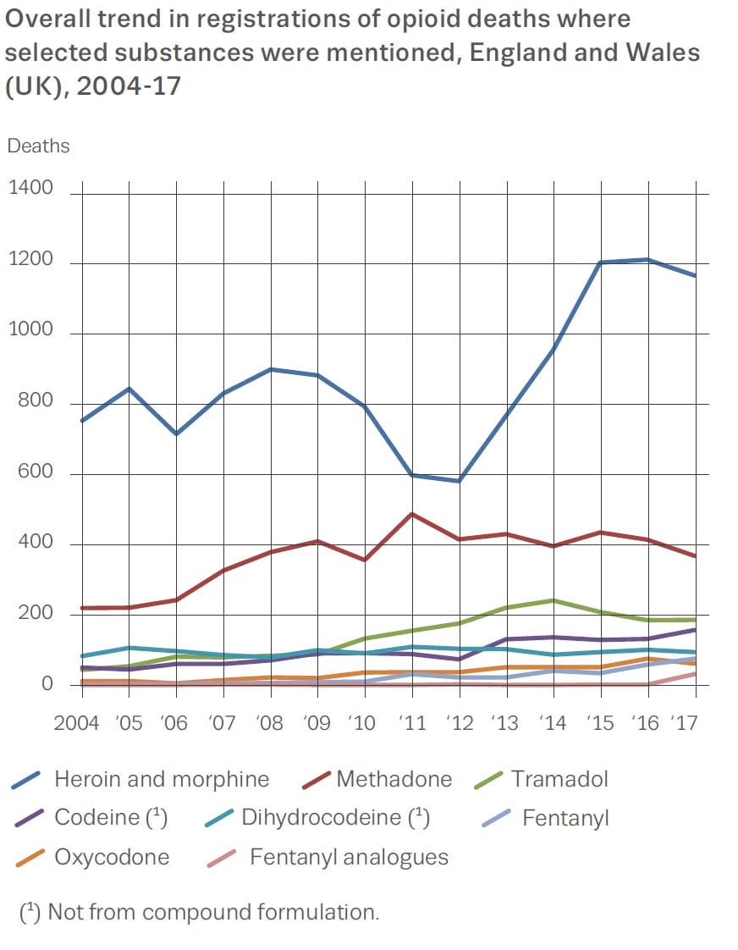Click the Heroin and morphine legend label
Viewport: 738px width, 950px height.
tap(161, 779)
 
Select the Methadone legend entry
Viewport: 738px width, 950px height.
tap(394, 779)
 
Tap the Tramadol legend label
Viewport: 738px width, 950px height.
tap(559, 779)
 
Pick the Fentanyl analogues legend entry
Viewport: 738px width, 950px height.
tap(349, 857)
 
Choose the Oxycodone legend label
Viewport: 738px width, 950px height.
tap(112, 857)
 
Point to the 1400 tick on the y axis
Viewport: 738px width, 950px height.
tap(30, 188)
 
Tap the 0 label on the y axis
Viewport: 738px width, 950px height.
tap(47, 684)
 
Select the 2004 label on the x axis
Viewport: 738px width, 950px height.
tap(76, 723)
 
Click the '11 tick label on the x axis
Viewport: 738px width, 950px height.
tap(412, 723)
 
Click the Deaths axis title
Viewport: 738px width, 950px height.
tap(38, 146)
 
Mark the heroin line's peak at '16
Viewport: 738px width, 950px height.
tap(648, 259)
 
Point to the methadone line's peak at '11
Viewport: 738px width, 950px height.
tap(412, 514)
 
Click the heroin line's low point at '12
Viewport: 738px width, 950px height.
tap(459, 481)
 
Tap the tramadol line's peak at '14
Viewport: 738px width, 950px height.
tap(553, 600)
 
